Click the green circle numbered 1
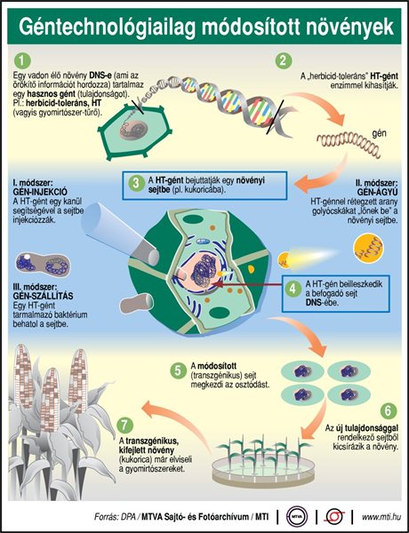coord(22,61)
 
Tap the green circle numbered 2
coord(284,61)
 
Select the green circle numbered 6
coord(389,411)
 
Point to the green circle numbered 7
coord(124,425)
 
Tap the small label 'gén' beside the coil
coord(379,133)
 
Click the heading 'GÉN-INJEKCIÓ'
coord(40,192)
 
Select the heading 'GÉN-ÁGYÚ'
coord(377,192)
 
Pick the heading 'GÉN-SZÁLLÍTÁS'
coord(43,296)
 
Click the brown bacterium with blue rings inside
coord(44,265)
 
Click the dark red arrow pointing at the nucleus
coord(248,283)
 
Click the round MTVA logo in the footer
coord(296,517)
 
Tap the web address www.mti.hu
coord(381,517)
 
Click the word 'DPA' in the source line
coord(128,517)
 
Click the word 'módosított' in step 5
coord(217,366)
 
